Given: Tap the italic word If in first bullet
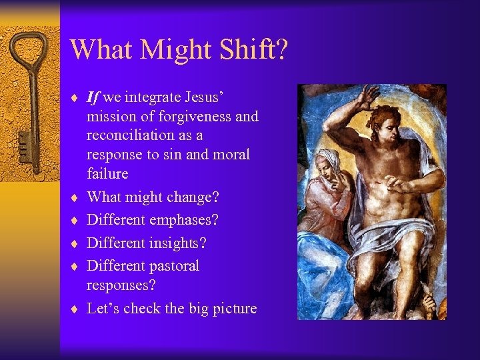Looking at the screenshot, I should point(93,97).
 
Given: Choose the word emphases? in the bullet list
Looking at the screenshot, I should point(183,220).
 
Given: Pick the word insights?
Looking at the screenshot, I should point(173,243).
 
